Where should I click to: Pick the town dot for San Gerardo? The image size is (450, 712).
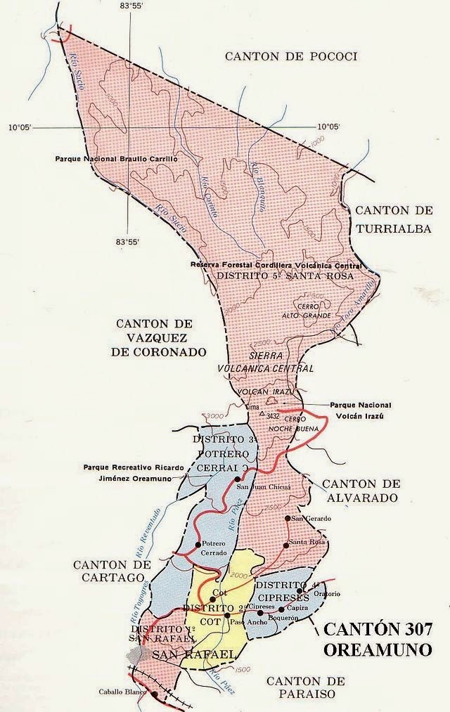click(x=286, y=519)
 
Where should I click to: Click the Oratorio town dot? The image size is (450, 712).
click(x=300, y=591)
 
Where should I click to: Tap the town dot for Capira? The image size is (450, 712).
click(x=281, y=609)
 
